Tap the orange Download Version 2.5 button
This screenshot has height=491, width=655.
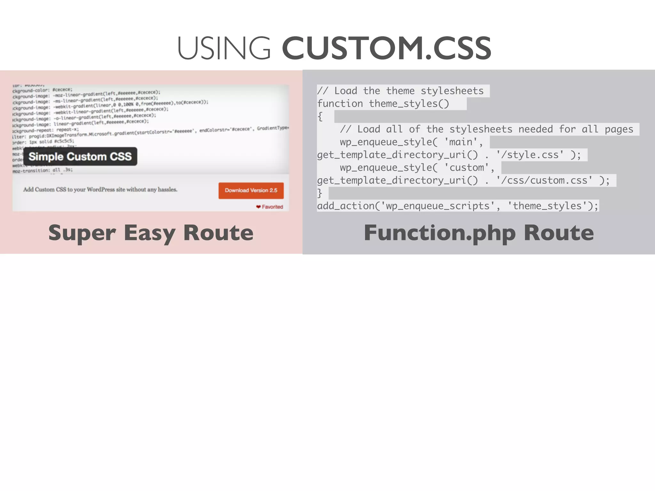click(x=251, y=191)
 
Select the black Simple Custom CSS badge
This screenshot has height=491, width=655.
click(x=80, y=156)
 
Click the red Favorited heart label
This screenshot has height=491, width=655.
click(x=270, y=207)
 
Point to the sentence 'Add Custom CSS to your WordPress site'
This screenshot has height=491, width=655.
click(x=100, y=190)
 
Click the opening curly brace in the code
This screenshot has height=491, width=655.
click(x=320, y=117)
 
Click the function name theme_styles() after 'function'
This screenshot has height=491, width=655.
click(x=409, y=104)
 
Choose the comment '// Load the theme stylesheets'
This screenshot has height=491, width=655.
click(x=400, y=91)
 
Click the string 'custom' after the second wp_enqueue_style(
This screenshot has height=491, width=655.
click(x=466, y=168)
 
